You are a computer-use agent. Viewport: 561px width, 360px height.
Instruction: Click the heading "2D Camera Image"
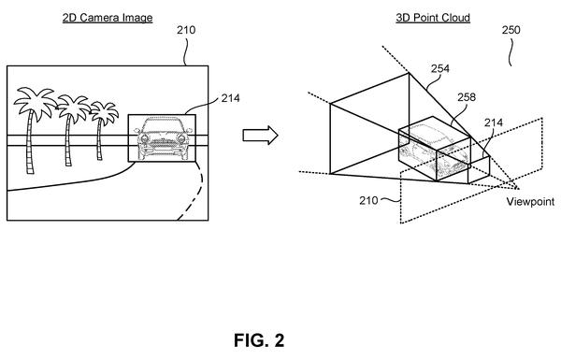(x=108, y=18)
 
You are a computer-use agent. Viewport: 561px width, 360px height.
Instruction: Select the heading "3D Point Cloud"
(x=433, y=18)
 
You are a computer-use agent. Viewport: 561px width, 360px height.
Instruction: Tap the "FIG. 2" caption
(x=259, y=340)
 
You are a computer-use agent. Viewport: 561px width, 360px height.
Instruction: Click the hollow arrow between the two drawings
(x=260, y=136)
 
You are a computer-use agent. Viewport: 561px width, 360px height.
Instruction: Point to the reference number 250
(x=511, y=30)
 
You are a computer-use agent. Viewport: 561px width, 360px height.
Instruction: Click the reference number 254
(x=440, y=68)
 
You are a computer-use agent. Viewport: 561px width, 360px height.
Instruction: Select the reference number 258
(x=467, y=97)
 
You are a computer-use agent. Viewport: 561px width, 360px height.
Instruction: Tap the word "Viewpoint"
(x=530, y=201)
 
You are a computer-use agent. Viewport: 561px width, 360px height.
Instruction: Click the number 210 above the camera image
(x=186, y=30)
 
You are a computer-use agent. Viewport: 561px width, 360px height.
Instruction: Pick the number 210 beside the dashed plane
(x=368, y=200)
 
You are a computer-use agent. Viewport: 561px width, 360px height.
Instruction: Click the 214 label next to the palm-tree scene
(x=230, y=98)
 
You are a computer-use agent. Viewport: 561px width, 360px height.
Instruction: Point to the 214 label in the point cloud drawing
(x=494, y=122)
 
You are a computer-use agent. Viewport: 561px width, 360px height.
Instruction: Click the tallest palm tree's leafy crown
(x=35, y=102)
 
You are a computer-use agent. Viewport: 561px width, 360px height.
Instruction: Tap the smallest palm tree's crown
(x=104, y=111)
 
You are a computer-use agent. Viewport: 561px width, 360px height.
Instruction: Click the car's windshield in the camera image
(x=163, y=125)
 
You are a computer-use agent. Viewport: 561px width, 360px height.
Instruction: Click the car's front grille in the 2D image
(x=163, y=143)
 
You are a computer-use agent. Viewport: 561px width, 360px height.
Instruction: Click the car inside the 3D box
(x=434, y=151)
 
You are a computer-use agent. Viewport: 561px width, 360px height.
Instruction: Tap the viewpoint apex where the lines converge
(x=518, y=188)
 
